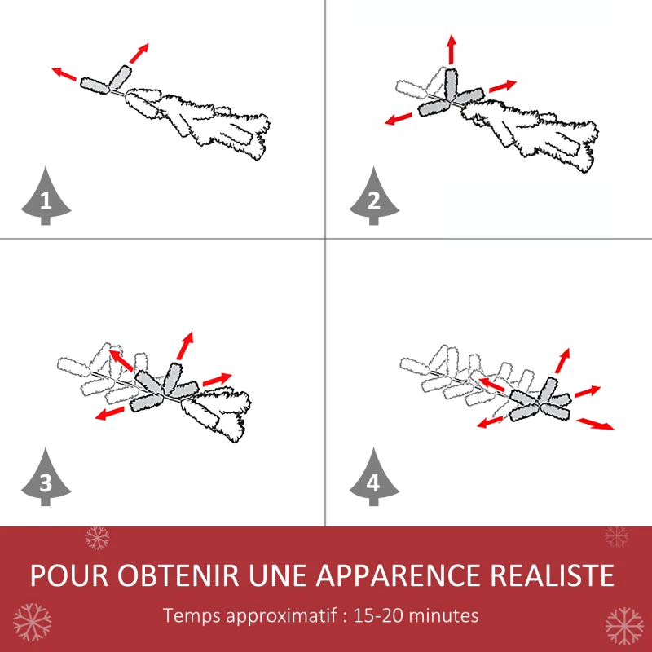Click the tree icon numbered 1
tap(46, 197)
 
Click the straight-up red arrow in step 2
tap(451, 51)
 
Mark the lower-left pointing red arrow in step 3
tap(109, 413)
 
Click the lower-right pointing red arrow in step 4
tap(596, 423)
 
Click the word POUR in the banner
tap(68, 575)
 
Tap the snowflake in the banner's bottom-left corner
tap(32, 622)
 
